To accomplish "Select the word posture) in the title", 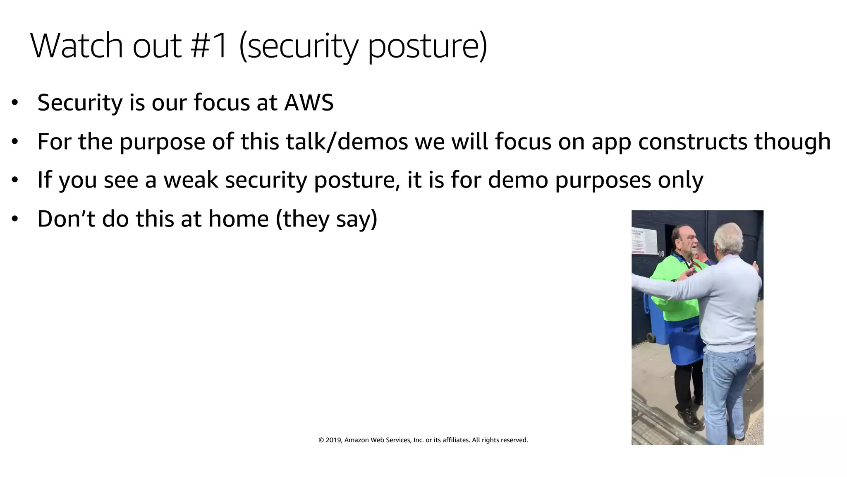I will tap(427, 46).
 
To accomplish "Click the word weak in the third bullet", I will tap(191, 180).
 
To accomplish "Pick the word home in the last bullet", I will tap(238, 219).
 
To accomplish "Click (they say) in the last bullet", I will tap(326, 219).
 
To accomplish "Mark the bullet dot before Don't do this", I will tap(15, 219).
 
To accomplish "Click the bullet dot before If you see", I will tap(15, 180).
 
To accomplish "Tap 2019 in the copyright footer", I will tap(333, 440).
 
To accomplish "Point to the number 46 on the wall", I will tap(660, 254).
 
